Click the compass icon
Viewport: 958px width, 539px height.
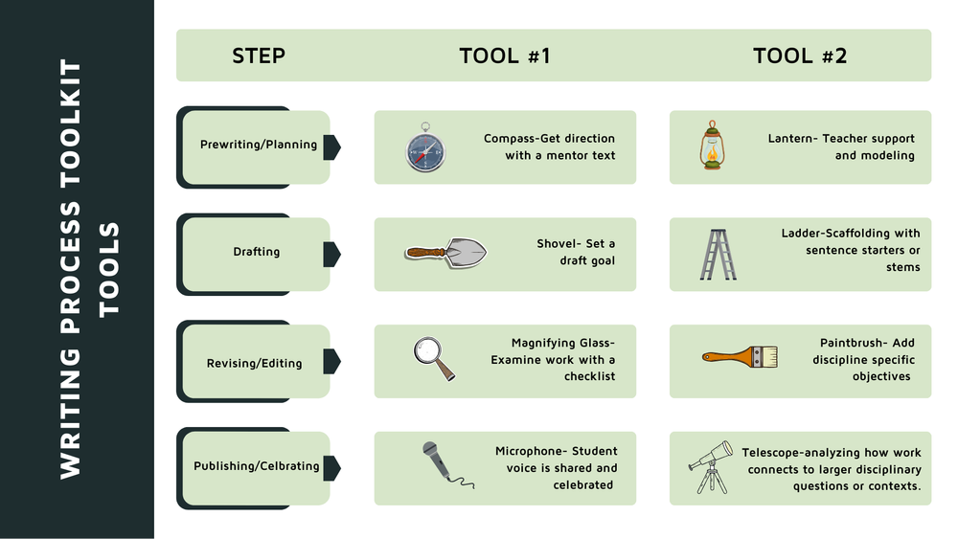(x=425, y=147)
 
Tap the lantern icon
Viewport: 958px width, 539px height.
(x=710, y=146)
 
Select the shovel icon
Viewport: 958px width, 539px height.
(x=445, y=253)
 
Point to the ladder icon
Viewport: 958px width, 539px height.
(x=717, y=254)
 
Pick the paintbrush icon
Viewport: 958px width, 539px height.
(x=740, y=358)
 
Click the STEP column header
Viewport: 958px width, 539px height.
(x=259, y=56)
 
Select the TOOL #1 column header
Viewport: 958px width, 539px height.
(x=505, y=56)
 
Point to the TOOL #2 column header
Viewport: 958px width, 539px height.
(x=800, y=56)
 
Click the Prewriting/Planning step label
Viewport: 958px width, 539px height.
(x=258, y=146)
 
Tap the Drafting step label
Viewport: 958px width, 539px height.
(x=257, y=253)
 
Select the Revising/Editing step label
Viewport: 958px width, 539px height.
(x=254, y=364)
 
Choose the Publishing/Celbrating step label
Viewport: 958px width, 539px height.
(x=257, y=466)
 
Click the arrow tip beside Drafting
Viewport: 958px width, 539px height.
(x=337, y=254)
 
